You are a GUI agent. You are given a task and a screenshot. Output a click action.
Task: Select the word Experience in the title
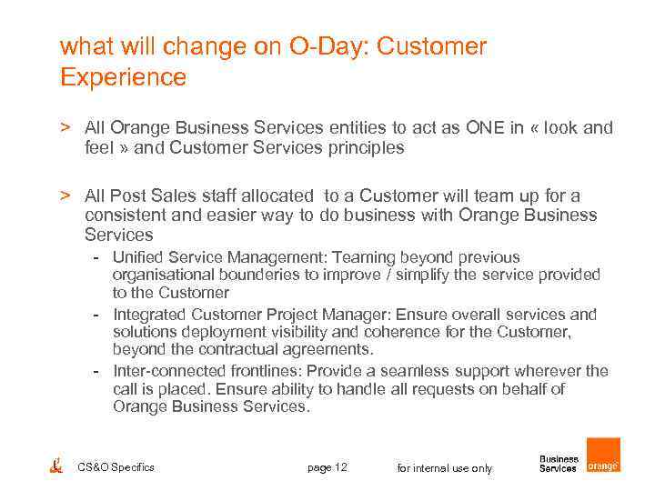(x=123, y=77)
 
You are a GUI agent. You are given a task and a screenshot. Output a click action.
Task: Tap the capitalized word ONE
(x=486, y=128)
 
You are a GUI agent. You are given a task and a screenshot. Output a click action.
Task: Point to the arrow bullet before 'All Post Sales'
(x=65, y=195)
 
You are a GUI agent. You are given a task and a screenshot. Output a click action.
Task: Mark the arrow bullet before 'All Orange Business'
(x=65, y=128)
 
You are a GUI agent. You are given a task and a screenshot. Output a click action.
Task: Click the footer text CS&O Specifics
(x=116, y=467)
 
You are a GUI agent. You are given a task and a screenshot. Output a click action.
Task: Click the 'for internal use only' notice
(x=445, y=468)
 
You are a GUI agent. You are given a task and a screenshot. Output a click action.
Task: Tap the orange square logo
(x=602, y=456)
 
